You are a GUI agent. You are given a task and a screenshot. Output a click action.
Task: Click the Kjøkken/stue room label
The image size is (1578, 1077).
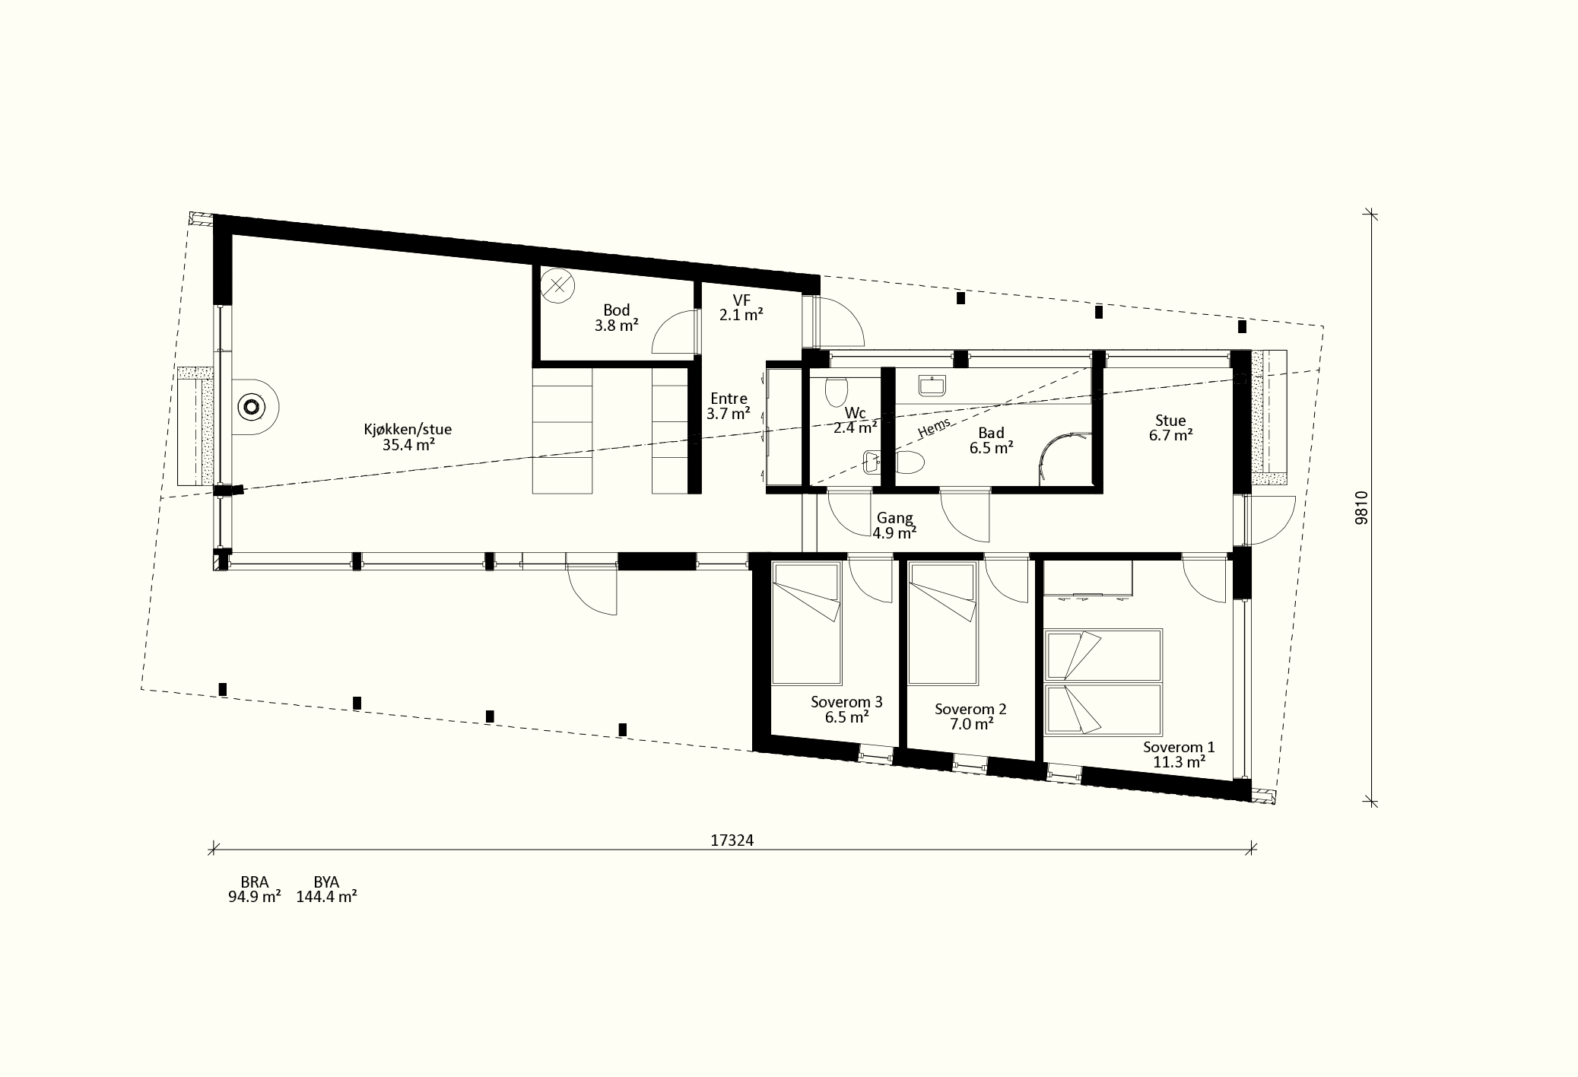click(408, 437)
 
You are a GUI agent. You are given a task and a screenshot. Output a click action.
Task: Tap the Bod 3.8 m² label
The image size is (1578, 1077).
click(616, 318)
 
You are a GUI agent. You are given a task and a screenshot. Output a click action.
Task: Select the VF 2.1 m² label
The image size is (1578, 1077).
click(741, 307)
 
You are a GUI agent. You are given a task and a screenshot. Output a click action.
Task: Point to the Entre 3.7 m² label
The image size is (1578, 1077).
click(729, 406)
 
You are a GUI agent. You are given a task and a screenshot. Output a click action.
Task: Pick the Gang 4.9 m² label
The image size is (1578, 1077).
click(894, 526)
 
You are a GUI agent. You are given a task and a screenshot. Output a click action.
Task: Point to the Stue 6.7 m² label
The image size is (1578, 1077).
click(1170, 427)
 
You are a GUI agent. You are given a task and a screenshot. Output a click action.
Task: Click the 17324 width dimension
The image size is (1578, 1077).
click(732, 840)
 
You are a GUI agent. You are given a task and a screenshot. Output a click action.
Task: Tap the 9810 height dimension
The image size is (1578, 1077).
click(1362, 507)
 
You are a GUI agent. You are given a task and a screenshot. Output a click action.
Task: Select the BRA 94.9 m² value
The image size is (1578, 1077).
click(254, 889)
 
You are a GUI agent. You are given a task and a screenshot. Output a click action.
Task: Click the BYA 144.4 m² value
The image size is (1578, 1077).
click(326, 889)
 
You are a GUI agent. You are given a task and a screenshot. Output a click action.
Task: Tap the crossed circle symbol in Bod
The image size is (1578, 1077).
click(557, 286)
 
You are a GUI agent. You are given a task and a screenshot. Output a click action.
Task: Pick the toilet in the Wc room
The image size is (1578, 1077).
click(836, 392)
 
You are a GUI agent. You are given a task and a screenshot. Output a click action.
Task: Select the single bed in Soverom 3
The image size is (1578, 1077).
click(806, 623)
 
